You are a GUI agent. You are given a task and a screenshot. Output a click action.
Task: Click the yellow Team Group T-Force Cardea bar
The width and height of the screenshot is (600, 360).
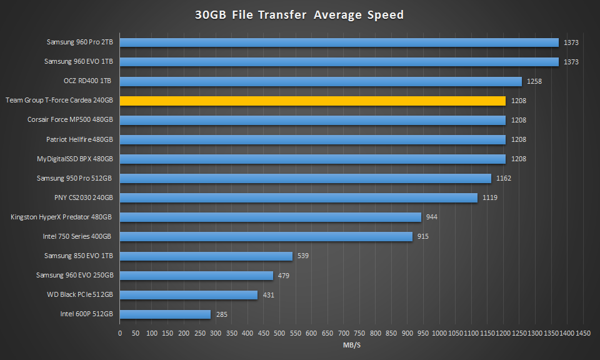(312, 101)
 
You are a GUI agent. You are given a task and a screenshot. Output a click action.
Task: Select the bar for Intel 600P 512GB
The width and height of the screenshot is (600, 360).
(165, 314)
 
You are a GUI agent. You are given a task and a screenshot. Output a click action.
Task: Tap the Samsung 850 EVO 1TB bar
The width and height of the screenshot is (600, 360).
(206, 256)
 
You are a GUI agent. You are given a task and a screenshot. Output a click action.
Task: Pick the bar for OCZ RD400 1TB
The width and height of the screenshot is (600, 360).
(321, 81)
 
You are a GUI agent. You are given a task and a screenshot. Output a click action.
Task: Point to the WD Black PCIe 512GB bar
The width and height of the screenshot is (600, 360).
(189, 295)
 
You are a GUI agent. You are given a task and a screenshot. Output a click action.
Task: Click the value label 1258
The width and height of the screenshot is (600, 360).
(534, 81)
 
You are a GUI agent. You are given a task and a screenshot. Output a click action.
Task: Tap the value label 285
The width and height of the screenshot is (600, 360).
(222, 314)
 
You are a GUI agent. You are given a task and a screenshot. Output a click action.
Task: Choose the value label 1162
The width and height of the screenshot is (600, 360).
(504, 178)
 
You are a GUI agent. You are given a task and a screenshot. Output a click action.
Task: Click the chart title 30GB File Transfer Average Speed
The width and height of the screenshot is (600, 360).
(299, 15)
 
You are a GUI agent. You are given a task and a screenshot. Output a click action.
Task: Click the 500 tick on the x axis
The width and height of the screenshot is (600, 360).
(279, 334)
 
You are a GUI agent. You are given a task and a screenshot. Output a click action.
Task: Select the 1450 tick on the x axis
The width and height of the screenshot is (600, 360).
(583, 334)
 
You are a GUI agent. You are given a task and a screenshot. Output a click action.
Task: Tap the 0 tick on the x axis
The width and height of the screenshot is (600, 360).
(120, 334)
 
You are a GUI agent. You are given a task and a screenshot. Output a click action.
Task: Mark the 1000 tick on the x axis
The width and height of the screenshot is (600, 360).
(439, 334)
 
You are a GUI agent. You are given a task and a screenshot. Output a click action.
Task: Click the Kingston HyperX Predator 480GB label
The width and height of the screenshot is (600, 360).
(61, 217)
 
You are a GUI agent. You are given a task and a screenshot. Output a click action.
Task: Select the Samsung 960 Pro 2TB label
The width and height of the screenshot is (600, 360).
(79, 42)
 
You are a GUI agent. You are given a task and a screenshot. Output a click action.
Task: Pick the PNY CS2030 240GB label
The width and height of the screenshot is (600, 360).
(83, 197)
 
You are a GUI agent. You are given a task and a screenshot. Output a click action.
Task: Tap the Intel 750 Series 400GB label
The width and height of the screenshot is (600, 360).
(77, 237)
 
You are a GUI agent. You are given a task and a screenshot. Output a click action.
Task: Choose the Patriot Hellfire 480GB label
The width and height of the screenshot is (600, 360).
(79, 139)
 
